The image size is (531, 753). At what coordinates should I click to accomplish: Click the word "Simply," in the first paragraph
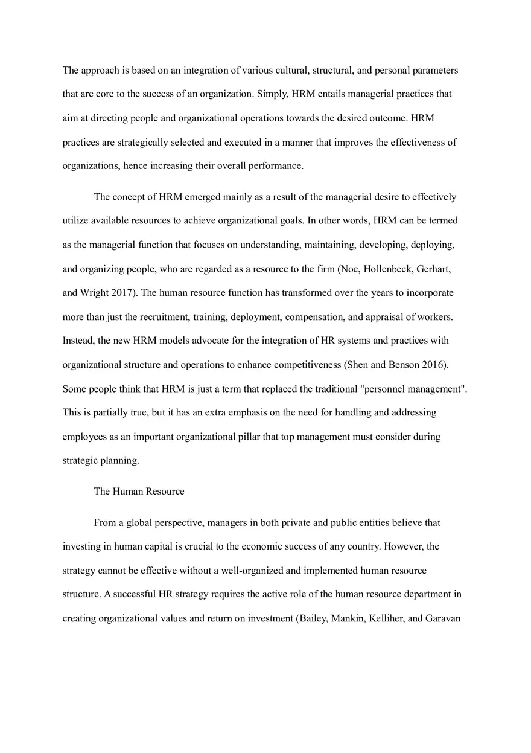[x=273, y=94]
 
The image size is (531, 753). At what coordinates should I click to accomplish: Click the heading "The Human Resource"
[x=139, y=492]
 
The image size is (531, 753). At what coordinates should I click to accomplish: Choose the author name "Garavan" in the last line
[x=443, y=618]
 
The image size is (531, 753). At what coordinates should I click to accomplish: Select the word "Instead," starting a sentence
[x=78, y=341]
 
